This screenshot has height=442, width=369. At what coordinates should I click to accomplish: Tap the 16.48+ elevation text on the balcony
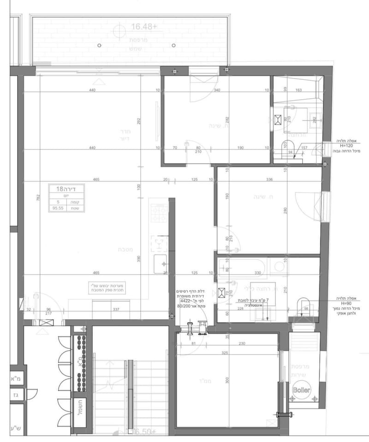pyautogui.click(x=144, y=27)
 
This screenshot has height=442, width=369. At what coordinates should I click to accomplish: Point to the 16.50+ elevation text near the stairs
pyautogui.click(x=144, y=431)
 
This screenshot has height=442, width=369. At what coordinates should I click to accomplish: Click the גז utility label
pyautogui.click(x=15, y=395)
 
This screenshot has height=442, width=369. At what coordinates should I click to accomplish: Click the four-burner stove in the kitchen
pyautogui.click(x=159, y=213)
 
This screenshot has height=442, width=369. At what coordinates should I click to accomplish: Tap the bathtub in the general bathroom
pyautogui.click(x=241, y=267)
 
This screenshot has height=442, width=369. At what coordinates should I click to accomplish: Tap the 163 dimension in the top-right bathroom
pyautogui.click(x=298, y=90)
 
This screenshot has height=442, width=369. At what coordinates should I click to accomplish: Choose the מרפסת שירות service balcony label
pyautogui.click(x=301, y=369)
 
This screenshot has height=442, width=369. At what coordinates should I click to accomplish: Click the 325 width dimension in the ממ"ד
pyautogui.click(x=226, y=353)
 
